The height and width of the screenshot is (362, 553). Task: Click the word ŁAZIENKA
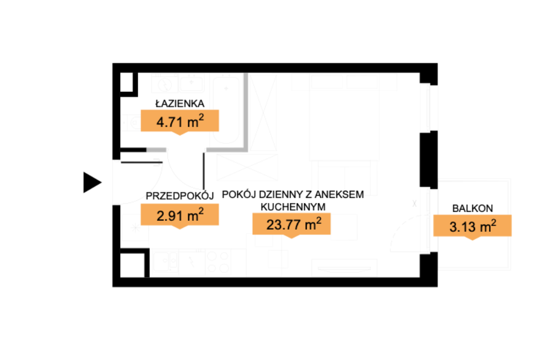(x=180, y=103)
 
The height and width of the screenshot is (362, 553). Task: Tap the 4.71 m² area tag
(x=180, y=121)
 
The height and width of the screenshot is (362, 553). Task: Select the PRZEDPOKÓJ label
(x=180, y=196)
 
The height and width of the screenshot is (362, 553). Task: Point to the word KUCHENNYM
(x=293, y=207)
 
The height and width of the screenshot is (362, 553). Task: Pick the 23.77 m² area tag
(x=292, y=224)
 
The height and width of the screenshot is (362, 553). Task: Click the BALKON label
(x=473, y=208)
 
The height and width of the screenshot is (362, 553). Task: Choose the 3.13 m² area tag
(x=473, y=226)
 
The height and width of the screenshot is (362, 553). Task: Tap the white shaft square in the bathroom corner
(x=126, y=82)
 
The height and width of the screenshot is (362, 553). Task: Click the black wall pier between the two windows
(x=428, y=159)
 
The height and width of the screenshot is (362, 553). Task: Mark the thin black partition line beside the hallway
(x=203, y=171)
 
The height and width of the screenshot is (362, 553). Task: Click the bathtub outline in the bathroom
(x=226, y=110)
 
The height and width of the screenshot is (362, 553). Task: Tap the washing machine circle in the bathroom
(x=165, y=85)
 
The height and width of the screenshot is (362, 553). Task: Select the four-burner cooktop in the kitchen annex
(x=218, y=262)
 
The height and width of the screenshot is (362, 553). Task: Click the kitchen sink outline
(x=165, y=262)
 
